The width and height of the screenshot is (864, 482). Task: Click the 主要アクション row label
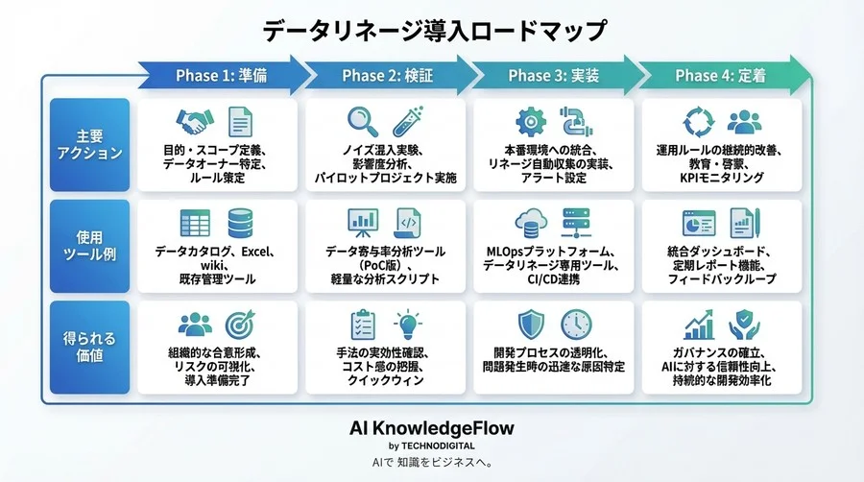88,144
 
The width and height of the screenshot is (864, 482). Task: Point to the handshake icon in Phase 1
195,122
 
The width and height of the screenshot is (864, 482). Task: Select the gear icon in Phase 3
530,122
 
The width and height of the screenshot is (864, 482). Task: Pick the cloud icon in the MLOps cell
530,223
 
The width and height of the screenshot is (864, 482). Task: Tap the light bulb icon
409,324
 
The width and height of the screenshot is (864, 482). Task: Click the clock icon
577,324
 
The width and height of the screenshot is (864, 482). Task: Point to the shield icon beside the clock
530,324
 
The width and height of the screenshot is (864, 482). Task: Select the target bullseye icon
241,324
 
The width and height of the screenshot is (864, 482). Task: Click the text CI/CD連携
554,279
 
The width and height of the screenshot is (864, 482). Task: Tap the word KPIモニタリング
721,179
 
